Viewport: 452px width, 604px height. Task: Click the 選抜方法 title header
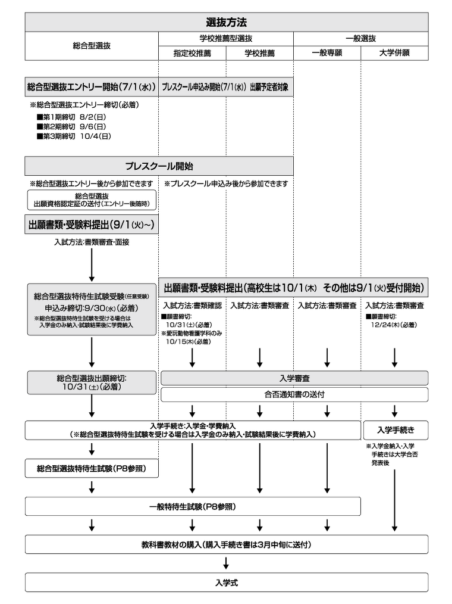tap(226, 22)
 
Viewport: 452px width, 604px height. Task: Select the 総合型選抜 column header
tap(92, 45)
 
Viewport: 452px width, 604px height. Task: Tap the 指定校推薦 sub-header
tap(192, 53)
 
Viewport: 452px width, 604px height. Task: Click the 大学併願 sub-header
tap(394, 53)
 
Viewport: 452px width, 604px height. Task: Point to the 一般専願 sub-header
tap(327, 53)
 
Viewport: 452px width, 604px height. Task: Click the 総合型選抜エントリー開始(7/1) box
tap(92, 87)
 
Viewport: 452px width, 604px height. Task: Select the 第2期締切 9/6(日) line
tap(71, 126)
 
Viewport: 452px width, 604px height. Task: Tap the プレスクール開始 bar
tap(159, 166)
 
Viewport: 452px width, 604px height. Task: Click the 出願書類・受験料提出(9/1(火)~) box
tap(92, 225)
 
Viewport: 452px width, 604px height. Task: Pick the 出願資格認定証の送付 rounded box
tap(92, 200)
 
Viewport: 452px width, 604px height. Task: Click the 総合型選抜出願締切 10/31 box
tap(92, 382)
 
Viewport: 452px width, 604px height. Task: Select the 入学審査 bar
tap(294, 378)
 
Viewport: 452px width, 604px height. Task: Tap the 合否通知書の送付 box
tap(294, 394)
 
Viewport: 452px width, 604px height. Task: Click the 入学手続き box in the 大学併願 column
tap(395, 429)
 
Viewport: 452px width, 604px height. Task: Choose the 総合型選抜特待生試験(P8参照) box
tap(92, 469)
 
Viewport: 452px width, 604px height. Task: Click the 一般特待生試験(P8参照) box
tap(193, 507)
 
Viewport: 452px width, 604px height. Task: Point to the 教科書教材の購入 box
tap(226, 544)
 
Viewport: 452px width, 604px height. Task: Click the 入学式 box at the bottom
tap(226, 583)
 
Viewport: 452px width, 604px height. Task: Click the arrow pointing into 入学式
tap(226, 563)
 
